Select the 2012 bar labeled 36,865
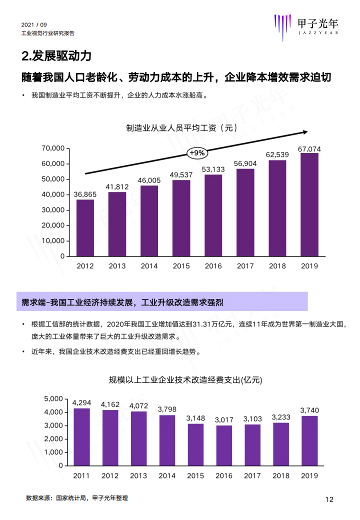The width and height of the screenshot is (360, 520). point(85,227)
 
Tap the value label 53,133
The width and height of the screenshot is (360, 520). point(213,169)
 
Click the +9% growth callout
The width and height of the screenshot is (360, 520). point(196,153)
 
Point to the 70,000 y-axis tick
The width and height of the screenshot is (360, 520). point(53,148)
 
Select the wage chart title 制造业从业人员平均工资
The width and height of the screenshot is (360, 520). point(181,128)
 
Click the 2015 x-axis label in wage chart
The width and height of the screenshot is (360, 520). point(181,266)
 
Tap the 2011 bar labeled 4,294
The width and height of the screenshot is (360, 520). point(81,436)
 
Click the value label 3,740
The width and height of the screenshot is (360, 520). point(309,410)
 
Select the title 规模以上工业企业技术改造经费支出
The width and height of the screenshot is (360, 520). point(185,380)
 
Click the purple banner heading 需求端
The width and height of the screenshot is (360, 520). point(122,302)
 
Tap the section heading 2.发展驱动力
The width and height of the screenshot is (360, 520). point(56,55)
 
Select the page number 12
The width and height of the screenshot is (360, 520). point(329,499)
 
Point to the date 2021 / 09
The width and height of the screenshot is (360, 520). point(34,25)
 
